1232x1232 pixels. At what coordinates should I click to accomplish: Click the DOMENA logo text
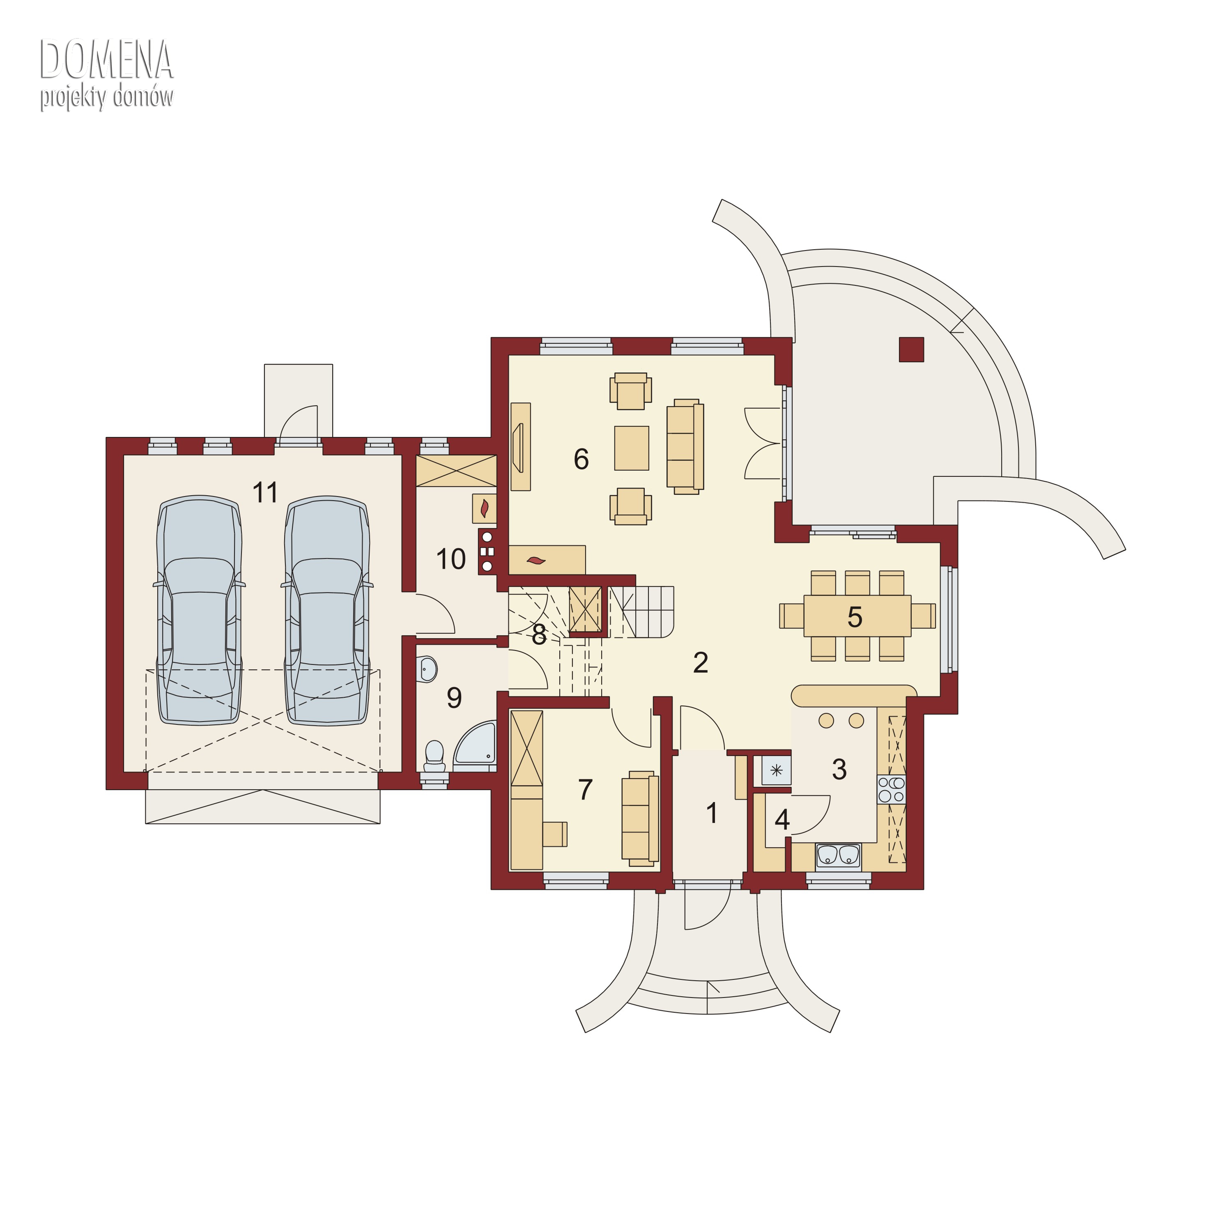tap(106, 59)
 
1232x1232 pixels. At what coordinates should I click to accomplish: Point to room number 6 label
tap(581, 459)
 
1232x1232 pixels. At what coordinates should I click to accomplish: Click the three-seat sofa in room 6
tap(685, 446)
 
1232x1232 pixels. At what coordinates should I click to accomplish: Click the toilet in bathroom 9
tap(434, 756)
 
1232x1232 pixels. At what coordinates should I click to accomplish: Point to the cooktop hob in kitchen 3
tap(892, 789)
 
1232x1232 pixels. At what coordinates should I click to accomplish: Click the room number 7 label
tap(585, 789)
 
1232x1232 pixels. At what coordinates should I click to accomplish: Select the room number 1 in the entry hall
tap(712, 813)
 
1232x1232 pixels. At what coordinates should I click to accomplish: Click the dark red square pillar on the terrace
tap(911, 349)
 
